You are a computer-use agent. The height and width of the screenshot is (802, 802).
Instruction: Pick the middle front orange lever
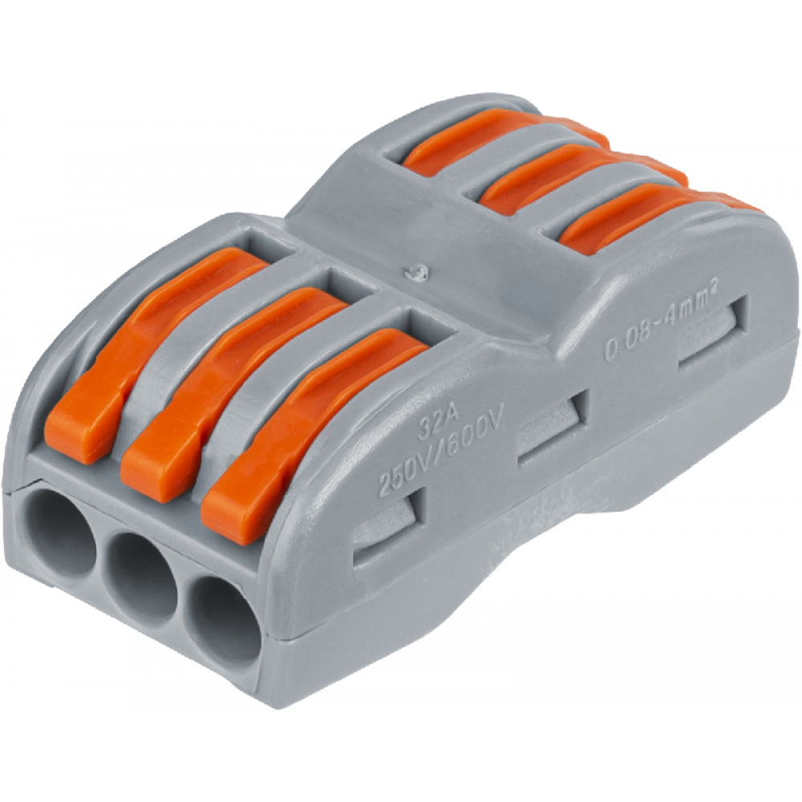tap(230, 394)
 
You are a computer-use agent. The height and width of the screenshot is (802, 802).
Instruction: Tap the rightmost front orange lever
tap(312, 435)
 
